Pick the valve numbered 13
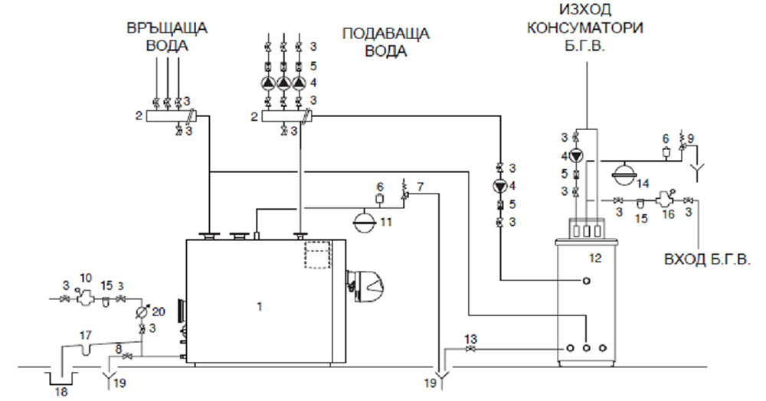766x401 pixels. point(469,350)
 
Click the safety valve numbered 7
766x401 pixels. point(406,196)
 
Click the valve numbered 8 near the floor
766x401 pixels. point(129,357)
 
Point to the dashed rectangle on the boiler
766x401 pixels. point(316,256)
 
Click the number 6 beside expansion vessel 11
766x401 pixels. point(380,187)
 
